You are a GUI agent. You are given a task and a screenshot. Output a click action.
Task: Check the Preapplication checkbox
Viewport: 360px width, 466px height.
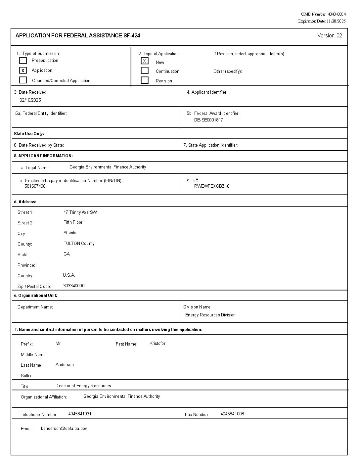(x=23, y=61)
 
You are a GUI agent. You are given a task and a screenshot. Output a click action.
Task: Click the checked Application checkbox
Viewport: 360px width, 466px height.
(x=23, y=70)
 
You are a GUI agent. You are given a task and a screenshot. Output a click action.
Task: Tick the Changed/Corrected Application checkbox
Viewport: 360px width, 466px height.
(x=23, y=80)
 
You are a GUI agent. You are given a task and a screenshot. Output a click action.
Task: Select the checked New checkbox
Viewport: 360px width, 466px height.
(x=145, y=61)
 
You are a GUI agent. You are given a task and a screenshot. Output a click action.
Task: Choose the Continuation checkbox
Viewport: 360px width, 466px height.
(x=145, y=70)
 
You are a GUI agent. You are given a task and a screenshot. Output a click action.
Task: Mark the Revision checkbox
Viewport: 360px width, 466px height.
(x=145, y=80)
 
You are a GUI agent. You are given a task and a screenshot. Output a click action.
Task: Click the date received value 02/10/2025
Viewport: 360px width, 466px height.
(x=30, y=100)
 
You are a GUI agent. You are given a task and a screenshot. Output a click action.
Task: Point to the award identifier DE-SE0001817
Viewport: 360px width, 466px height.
(x=208, y=120)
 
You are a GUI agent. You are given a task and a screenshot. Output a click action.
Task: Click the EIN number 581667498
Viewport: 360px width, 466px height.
(x=35, y=186)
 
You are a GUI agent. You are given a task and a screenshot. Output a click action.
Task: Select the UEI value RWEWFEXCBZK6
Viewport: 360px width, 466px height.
(x=212, y=186)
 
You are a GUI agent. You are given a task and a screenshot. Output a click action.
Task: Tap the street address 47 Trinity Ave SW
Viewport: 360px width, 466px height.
(x=80, y=212)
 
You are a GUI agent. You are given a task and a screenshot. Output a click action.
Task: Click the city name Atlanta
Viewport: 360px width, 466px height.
(x=70, y=233)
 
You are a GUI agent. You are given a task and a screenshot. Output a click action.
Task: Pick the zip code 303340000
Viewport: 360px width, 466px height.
(x=74, y=286)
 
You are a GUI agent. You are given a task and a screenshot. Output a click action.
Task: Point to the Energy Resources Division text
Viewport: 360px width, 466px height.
(x=210, y=315)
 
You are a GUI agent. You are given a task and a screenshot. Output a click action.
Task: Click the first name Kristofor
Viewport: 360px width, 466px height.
(x=157, y=343)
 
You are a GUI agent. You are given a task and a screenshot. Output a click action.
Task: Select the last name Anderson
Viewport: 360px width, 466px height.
(x=65, y=364)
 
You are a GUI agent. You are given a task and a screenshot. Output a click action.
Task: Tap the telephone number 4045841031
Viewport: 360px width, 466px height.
(x=80, y=414)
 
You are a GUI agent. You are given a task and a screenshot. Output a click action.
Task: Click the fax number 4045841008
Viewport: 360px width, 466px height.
(x=232, y=414)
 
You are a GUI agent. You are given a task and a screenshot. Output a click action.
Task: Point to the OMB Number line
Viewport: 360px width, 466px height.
(x=323, y=14)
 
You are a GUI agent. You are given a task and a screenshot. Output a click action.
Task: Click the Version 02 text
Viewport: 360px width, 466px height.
(x=330, y=36)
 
